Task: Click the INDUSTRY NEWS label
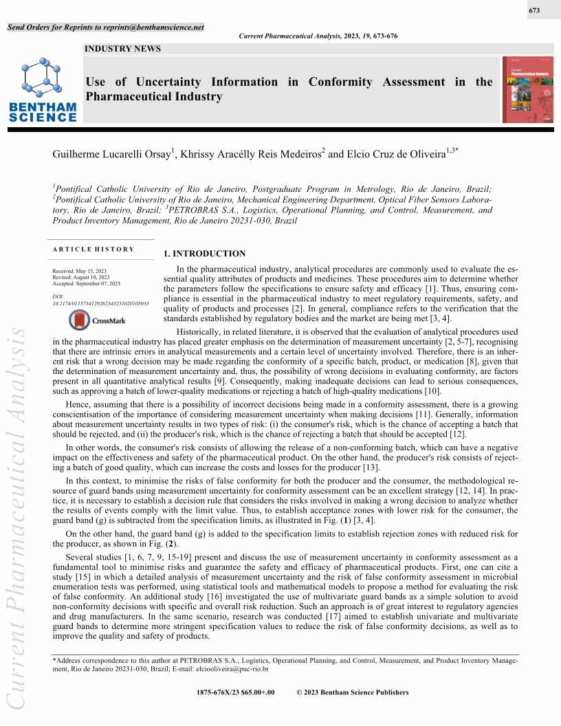click(x=122, y=49)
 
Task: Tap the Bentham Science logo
click(x=43, y=89)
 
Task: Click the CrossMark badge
click(x=97, y=320)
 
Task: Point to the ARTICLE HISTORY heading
click(x=93, y=249)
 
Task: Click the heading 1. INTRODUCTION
click(x=204, y=254)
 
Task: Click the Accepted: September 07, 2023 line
click(x=87, y=283)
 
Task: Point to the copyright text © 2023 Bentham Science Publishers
click(x=352, y=692)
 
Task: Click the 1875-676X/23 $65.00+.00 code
click(x=235, y=692)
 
